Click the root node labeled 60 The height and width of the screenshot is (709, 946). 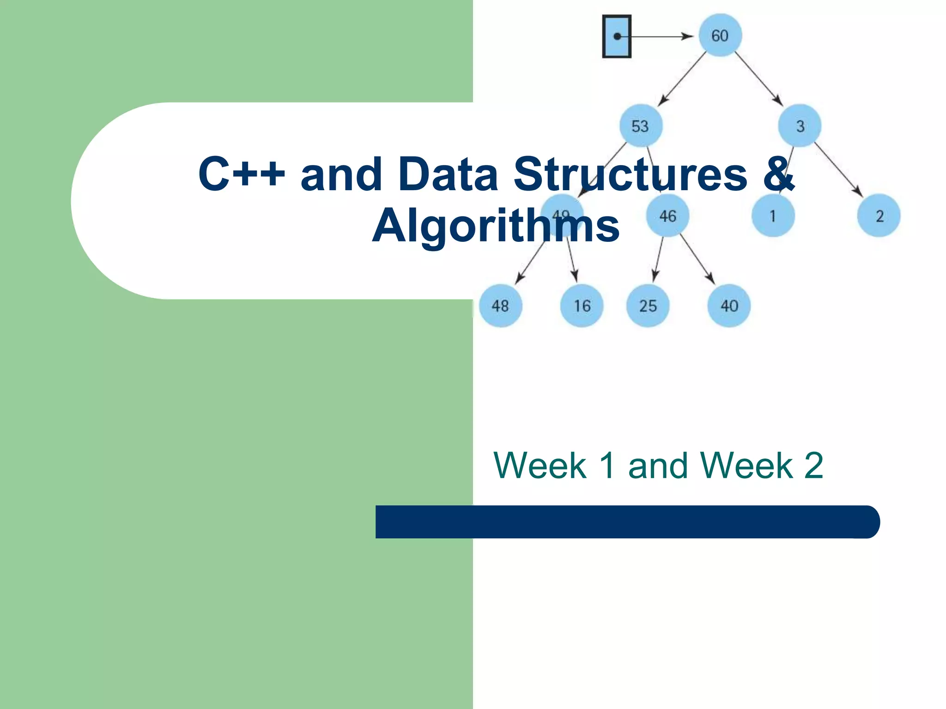pyautogui.click(x=720, y=36)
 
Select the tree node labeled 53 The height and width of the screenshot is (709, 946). pyautogui.click(x=640, y=126)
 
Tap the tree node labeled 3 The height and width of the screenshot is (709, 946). pyautogui.click(x=800, y=126)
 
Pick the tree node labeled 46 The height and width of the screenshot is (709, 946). pyautogui.click(x=667, y=216)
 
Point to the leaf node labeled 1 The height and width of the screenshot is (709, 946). pyautogui.click(x=773, y=216)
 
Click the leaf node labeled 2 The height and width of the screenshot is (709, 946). pyautogui.click(x=879, y=216)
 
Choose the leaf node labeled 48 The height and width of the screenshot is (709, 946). pyautogui.click(x=500, y=306)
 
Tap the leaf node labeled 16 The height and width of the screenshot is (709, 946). pyautogui.click(x=582, y=306)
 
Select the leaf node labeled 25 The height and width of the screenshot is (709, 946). pyautogui.click(x=648, y=306)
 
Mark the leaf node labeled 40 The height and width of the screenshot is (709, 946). pyautogui.click(x=729, y=306)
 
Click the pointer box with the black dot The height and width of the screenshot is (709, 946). pyautogui.click(x=617, y=36)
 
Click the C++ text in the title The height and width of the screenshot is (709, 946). pyautogui.click(x=242, y=174)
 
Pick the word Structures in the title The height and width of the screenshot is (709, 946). pyautogui.click(x=630, y=174)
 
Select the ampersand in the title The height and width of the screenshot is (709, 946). pyautogui.click(x=779, y=174)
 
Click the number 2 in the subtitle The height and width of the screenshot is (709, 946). pyautogui.click(x=813, y=465)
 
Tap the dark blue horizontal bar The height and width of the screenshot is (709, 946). pyautogui.click(x=627, y=522)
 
